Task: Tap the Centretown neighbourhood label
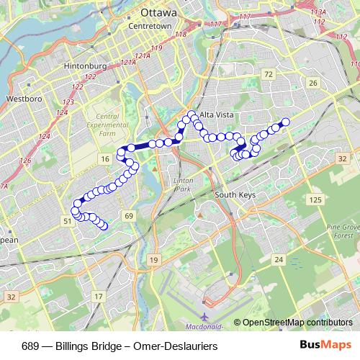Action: pyautogui.click(x=149, y=26)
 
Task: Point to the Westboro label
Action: pyautogui.click(x=21, y=97)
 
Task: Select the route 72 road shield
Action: pyautogui.click(x=269, y=74)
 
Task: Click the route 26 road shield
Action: pyautogui.click(x=313, y=84)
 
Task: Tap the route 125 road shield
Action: pyautogui.click(x=315, y=199)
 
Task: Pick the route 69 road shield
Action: pyautogui.click(x=128, y=216)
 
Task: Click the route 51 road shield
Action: pyautogui.click(x=66, y=222)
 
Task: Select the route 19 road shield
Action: pyautogui.click(x=153, y=259)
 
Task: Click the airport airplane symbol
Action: pyautogui.click(x=204, y=316)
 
